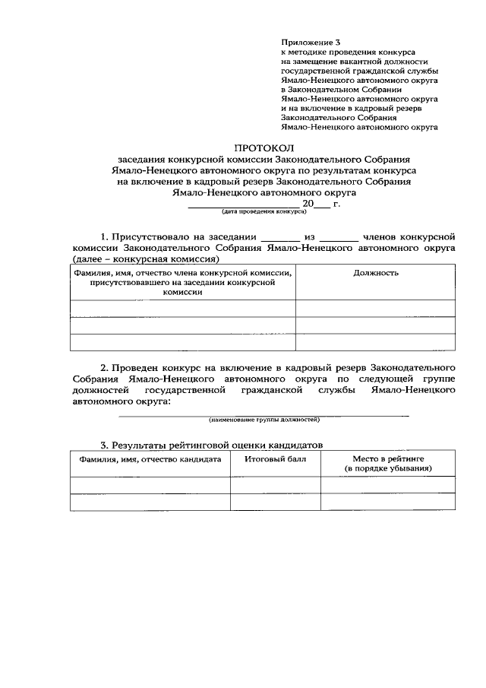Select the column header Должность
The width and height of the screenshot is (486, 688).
(x=376, y=272)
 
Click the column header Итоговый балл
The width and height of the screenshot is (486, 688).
(x=275, y=459)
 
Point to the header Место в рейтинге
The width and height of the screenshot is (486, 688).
(x=388, y=459)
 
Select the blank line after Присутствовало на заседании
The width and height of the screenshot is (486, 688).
(x=280, y=239)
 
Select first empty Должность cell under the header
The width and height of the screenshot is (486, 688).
(x=376, y=308)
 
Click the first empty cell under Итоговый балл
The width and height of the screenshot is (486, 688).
(x=275, y=485)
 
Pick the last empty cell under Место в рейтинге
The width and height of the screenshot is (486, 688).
(x=388, y=503)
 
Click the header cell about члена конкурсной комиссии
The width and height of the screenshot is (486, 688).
(x=183, y=281)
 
